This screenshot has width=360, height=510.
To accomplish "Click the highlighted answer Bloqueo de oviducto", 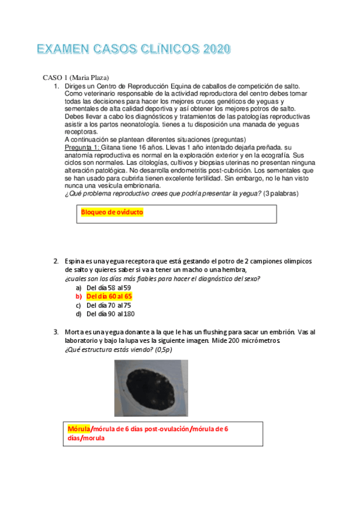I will coord(112,212).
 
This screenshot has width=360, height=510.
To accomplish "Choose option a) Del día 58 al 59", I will coord(108,288).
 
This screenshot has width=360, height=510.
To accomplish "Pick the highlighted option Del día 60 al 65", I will coord(109,296).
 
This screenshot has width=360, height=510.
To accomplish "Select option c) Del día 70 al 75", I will coord(108,306).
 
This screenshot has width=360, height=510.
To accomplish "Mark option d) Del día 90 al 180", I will coord(111,314).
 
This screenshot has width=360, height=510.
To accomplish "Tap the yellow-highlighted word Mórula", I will coord(79,429).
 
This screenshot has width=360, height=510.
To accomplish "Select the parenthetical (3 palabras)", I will coord(281,193).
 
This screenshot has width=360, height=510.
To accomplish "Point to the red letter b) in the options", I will coord(79,296).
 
